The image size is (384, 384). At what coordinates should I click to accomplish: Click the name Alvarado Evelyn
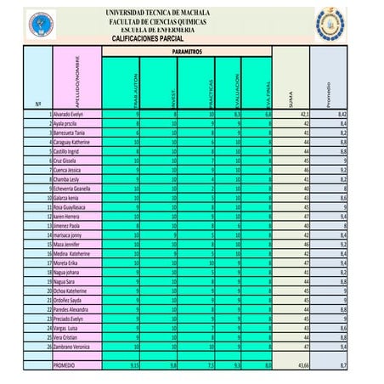click(68, 113)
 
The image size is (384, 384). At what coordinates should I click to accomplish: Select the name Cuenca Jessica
click(67, 170)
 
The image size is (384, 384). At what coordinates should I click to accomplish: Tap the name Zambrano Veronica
click(71, 347)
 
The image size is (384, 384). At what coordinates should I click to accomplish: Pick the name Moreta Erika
click(65, 264)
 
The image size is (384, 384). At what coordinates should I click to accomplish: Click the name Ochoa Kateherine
click(71, 291)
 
